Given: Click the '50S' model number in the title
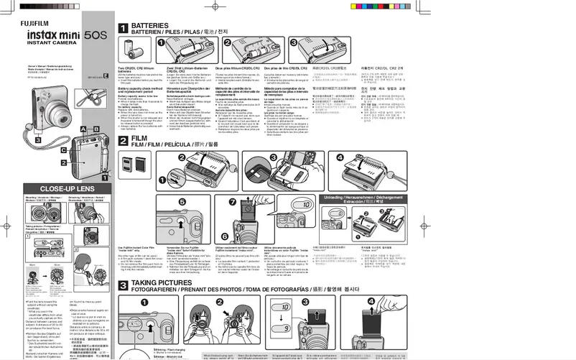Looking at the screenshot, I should pos(95,34).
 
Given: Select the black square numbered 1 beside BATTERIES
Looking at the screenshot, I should pos(123,29).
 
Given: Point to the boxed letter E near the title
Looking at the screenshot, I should pos(106,75).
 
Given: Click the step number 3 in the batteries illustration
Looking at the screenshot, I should pos(294,43).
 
